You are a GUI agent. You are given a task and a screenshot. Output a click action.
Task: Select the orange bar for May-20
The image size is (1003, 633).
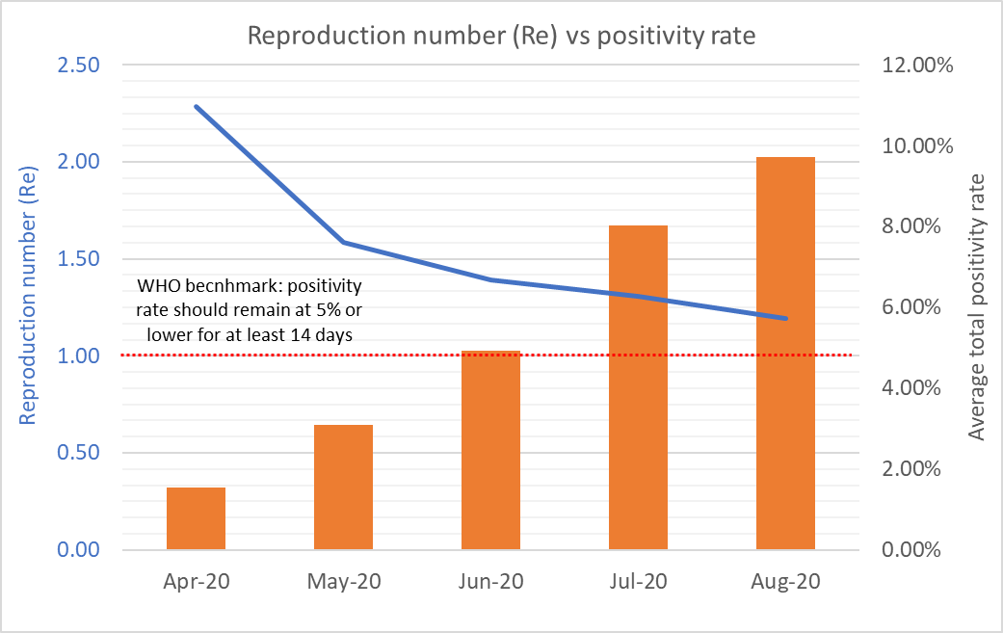coord(343,487)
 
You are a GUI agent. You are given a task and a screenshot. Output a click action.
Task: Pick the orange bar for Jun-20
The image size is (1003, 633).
coord(490,450)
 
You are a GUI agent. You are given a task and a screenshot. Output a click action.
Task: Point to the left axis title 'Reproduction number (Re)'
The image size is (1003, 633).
coord(28,307)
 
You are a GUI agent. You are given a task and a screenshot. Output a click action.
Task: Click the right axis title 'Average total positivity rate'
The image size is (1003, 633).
coord(977,307)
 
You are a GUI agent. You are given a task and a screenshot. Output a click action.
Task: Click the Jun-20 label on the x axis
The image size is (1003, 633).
coord(490,583)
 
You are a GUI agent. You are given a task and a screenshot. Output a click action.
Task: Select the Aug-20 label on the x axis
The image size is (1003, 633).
coord(785,583)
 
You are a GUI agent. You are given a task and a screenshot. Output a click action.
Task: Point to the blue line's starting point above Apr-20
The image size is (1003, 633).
coord(196,106)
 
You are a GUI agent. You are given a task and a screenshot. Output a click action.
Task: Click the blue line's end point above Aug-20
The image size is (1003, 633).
coord(786,318)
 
